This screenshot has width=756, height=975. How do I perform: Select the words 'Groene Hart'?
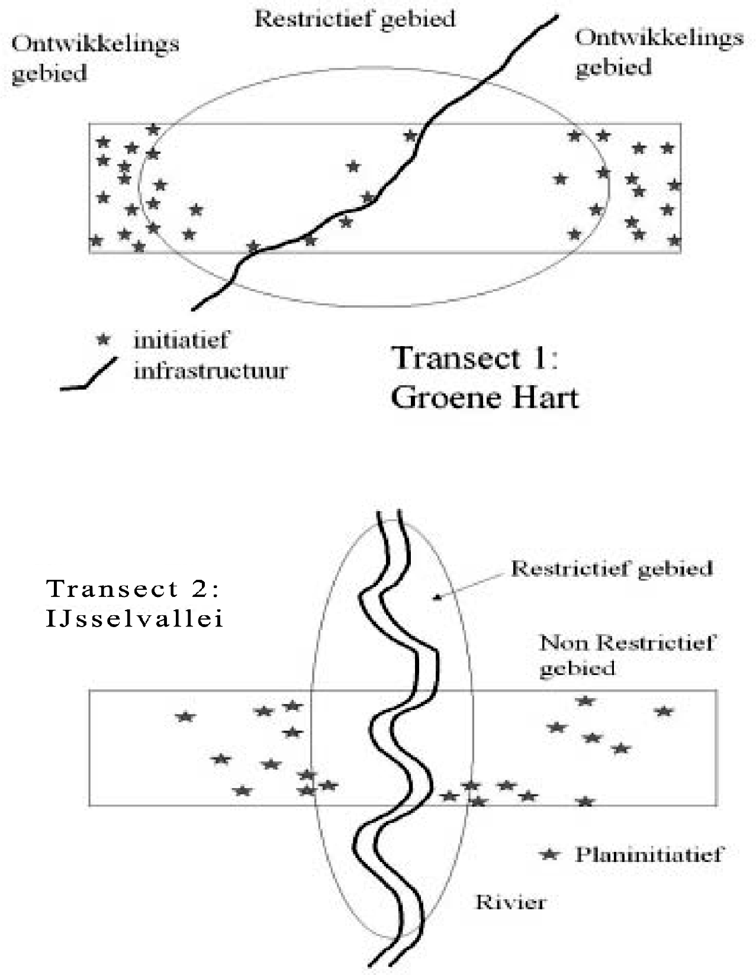pyautogui.click(x=484, y=397)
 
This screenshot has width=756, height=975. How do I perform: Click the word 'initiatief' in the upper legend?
pyautogui.click(x=181, y=340)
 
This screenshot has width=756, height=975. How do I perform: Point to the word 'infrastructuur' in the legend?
pyautogui.click(x=210, y=371)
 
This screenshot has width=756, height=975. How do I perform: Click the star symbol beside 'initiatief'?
pyautogui.click(x=104, y=340)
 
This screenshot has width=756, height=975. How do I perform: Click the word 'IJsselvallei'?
pyautogui.click(x=135, y=619)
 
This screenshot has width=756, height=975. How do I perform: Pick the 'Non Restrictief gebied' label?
pyautogui.click(x=628, y=655)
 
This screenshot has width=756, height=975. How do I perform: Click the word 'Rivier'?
pyautogui.click(x=510, y=902)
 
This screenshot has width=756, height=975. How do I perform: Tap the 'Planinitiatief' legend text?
pyautogui.click(x=649, y=854)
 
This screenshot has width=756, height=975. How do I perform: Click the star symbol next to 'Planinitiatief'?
pyautogui.click(x=550, y=854)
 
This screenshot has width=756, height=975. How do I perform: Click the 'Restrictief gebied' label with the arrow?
pyautogui.click(x=612, y=569)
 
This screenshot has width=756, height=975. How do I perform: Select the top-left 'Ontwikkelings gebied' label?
pyautogui.click(x=95, y=59)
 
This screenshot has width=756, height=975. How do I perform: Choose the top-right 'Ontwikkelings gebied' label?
pyautogui.click(x=658, y=52)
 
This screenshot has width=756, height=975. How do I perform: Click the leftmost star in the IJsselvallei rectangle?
pyautogui.click(x=185, y=716)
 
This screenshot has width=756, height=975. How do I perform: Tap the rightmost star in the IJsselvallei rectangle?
pyautogui.click(x=664, y=711)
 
